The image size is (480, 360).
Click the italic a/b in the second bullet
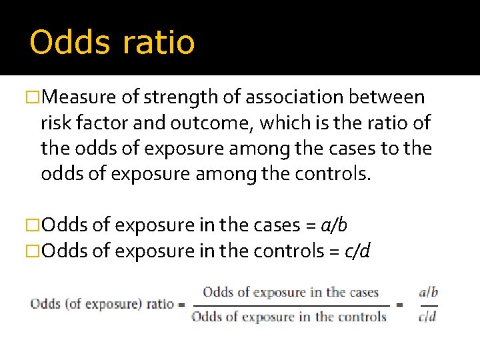click(x=334, y=225)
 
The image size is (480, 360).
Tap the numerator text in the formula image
click(x=291, y=293)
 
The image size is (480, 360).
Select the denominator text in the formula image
click(x=289, y=317)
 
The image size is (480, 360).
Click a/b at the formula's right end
click(x=428, y=293)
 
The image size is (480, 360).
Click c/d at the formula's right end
click(x=427, y=317)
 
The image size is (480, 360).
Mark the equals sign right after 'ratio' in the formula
click(x=181, y=305)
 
